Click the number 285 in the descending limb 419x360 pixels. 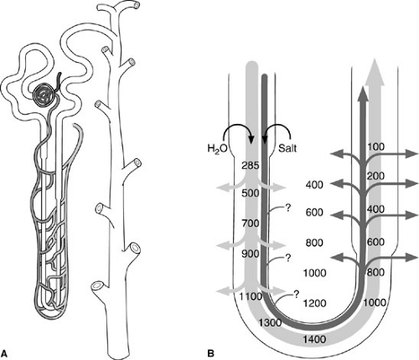251,166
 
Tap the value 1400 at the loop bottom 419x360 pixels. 314,339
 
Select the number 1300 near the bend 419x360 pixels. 270,322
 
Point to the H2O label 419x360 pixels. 218,148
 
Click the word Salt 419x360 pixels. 287,147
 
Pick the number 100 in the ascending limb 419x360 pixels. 376,147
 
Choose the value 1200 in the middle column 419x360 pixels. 314,303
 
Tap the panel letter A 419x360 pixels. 4,353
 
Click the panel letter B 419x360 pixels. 211,353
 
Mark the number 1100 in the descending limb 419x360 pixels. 251,296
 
